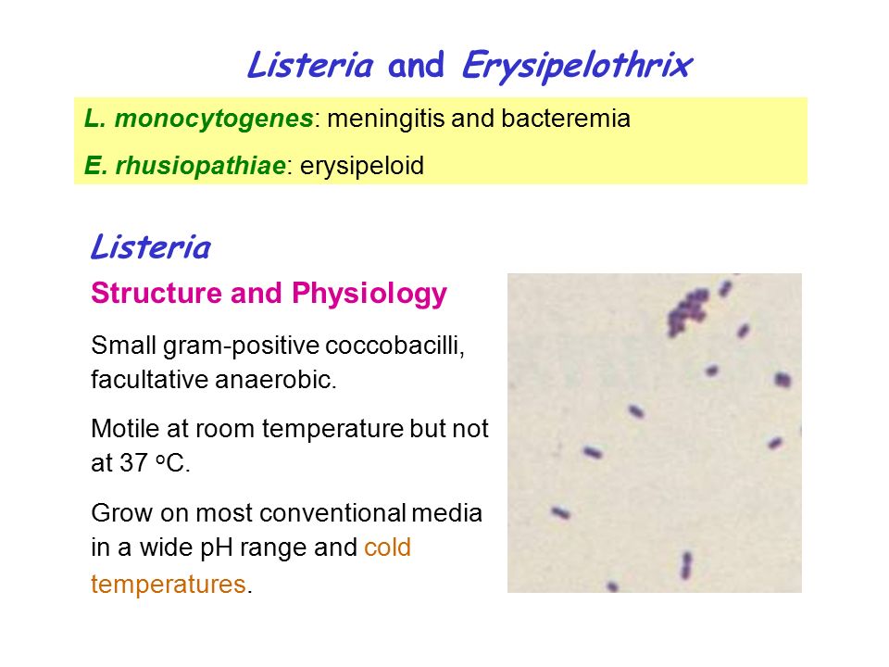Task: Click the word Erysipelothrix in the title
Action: [x=577, y=66]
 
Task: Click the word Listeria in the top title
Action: [x=310, y=65]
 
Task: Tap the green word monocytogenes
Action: [x=214, y=120]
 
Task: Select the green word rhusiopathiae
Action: [x=201, y=166]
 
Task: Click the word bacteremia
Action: [x=565, y=119]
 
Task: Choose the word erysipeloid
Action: [x=362, y=167]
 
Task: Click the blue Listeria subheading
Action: [x=151, y=247]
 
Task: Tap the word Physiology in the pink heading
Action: [x=369, y=295]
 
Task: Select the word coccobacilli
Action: [x=395, y=346]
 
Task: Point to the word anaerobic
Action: [x=276, y=380]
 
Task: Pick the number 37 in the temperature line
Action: [x=133, y=463]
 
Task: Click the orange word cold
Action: [x=387, y=547]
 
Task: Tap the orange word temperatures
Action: [x=169, y=585]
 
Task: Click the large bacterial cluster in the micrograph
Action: [x=687, y=311]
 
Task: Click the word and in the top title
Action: [x=416, y=65]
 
